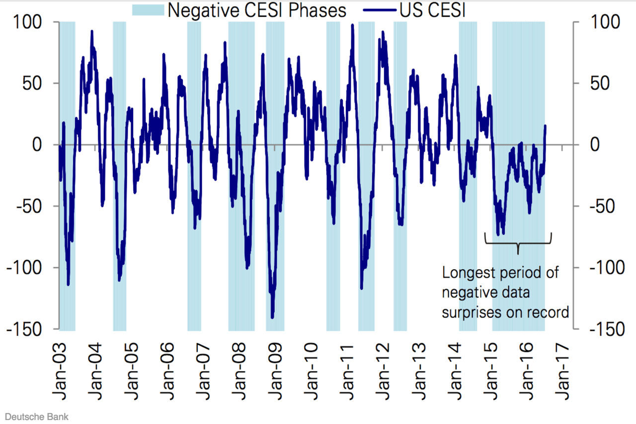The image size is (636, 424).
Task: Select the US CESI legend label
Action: tap(432, 10)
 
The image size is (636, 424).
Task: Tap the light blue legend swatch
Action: tap(148, 10)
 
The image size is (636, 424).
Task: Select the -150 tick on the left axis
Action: tap(27, 329)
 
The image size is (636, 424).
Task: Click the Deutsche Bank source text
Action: tap(36, 417)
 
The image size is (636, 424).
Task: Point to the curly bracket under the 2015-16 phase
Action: tap(518, 244)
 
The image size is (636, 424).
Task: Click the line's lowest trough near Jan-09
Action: tap(272, 317)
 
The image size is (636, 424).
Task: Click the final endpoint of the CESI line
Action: tap(545, 126)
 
